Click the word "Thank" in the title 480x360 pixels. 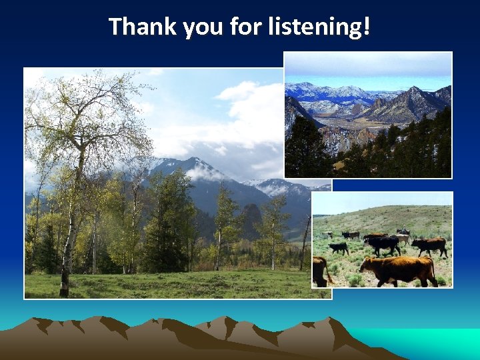coord(133,27)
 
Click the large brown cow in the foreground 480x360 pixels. coord(400,269)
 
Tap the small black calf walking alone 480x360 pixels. coord(339,247)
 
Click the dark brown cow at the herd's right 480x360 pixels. coord(430,245)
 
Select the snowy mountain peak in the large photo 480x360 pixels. coord(193,163)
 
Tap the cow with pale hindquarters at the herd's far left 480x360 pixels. coord(329,235)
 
